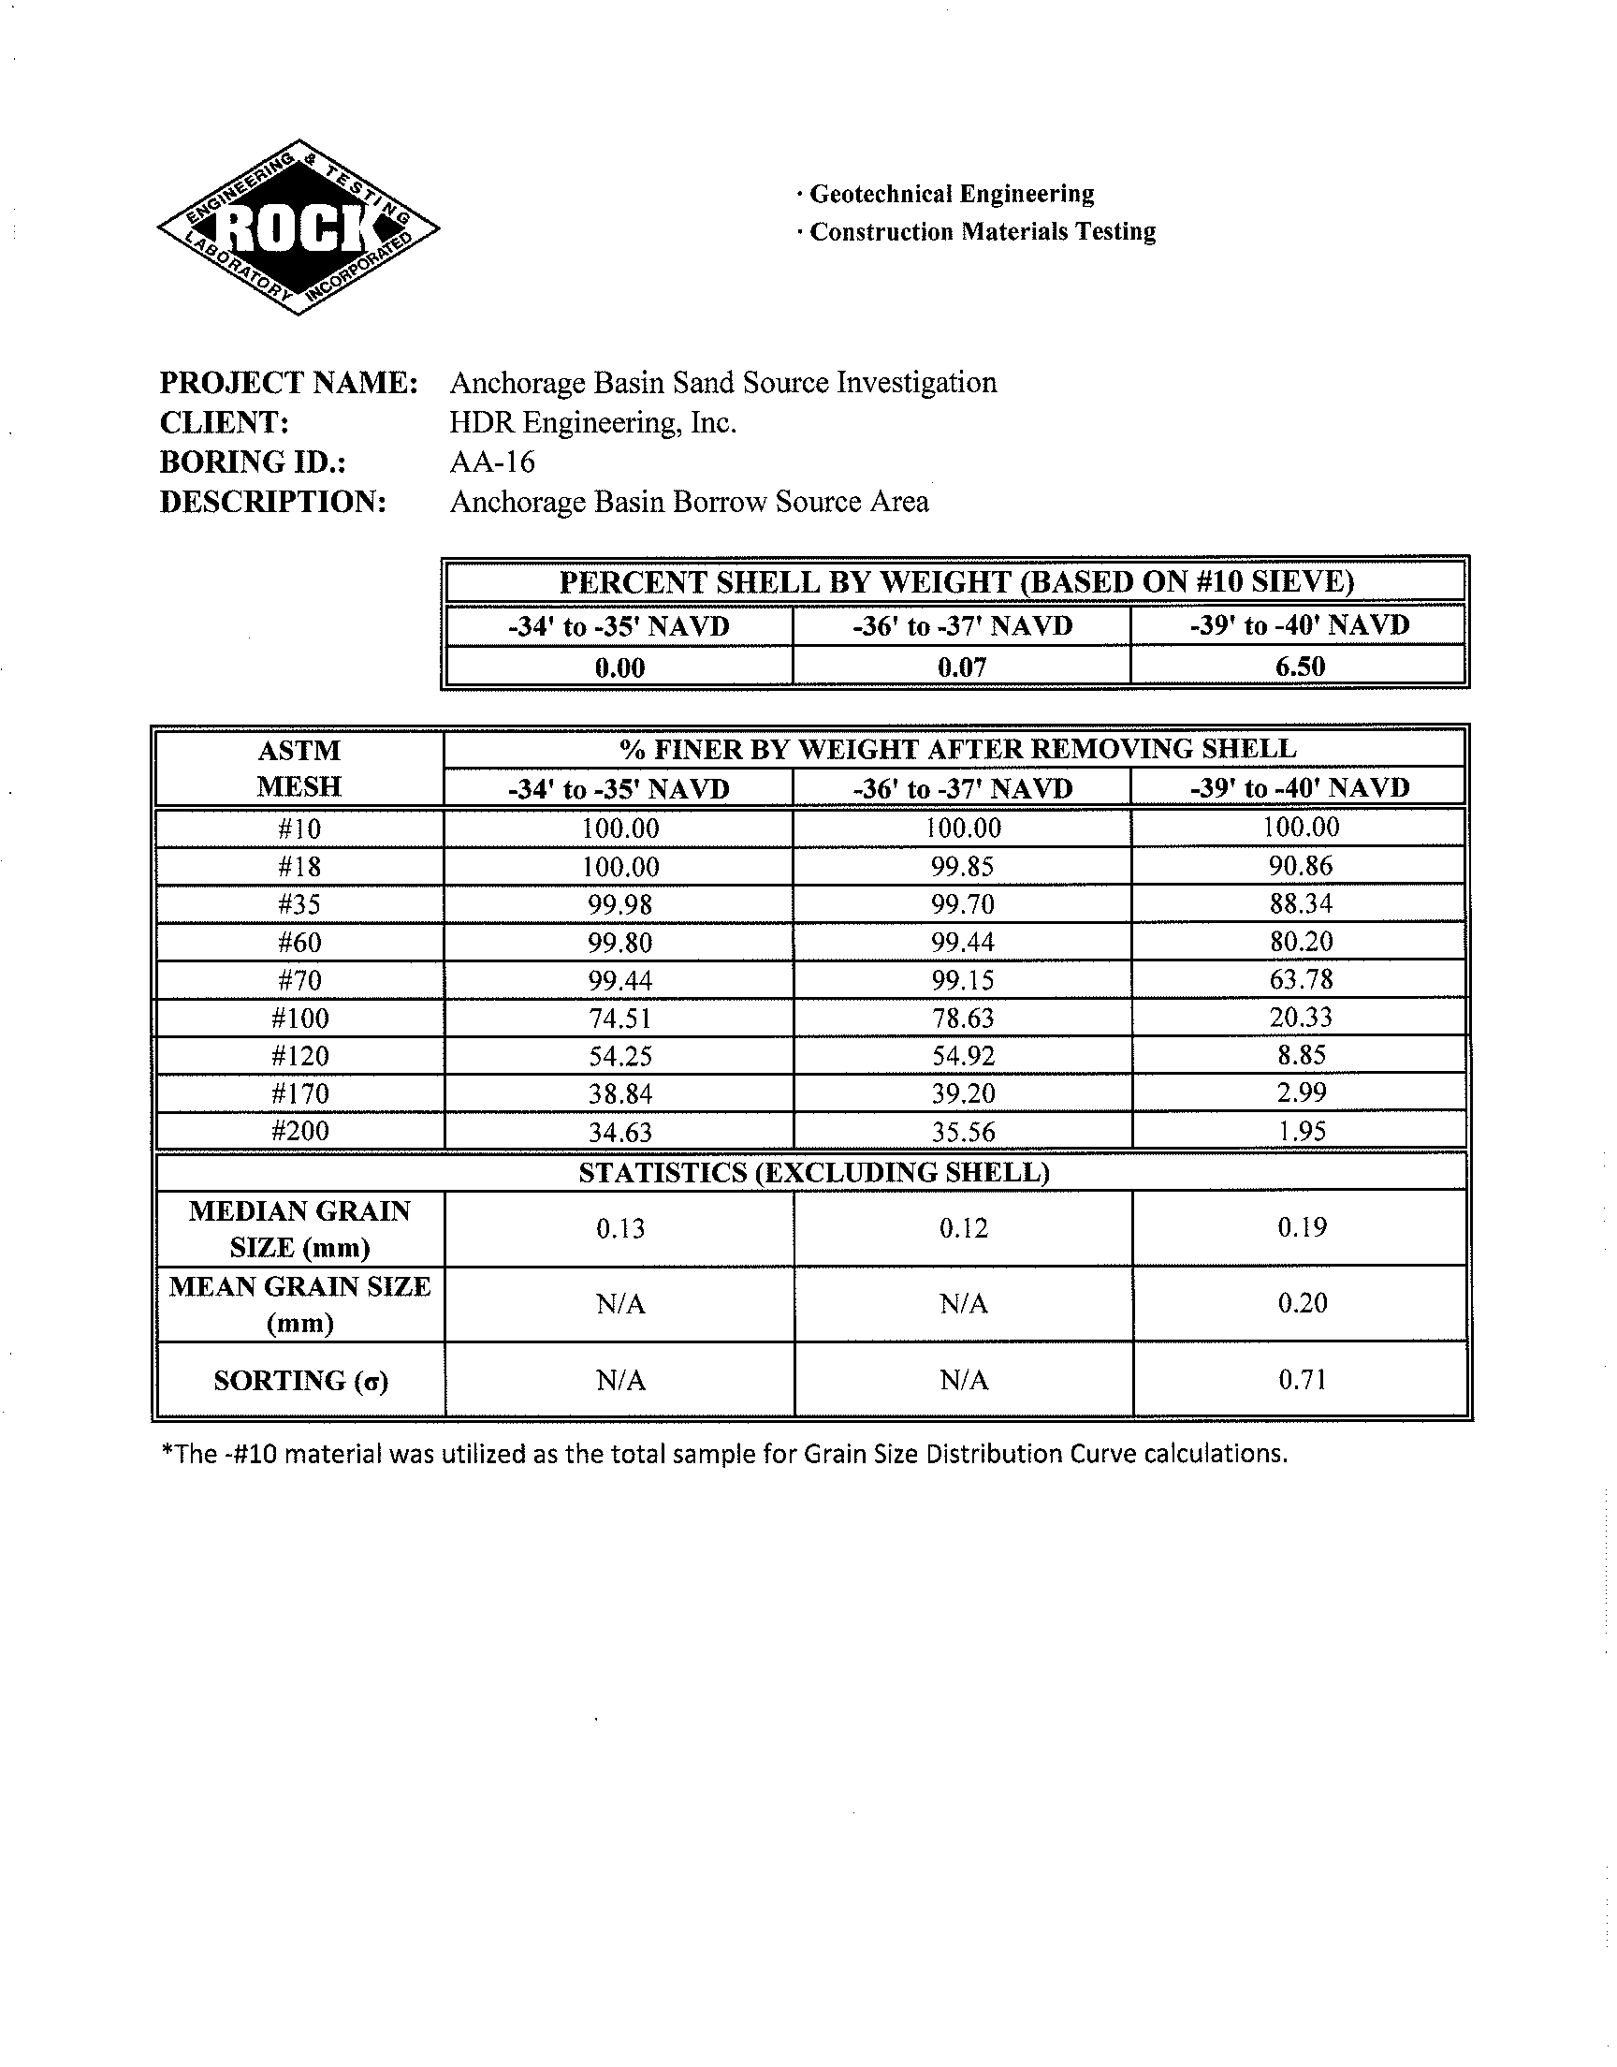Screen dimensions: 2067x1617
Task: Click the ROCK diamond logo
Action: pos(298,227)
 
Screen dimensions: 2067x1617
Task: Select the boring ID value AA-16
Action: pos(491,462)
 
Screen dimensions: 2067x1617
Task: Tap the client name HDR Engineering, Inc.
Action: pos(592,422)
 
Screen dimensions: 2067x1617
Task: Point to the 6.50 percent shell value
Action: pos(1299,667)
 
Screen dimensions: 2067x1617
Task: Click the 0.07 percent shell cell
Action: pos(962,667)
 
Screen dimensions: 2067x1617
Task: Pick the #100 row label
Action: pos(299,1019)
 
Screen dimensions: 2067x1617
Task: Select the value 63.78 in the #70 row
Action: pos(1301,979)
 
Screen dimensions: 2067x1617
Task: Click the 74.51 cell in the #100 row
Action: pos(620,1019)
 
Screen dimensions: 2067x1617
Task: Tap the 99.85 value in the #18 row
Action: pos(962,866)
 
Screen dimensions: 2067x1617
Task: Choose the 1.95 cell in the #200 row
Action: pos(1301,1132)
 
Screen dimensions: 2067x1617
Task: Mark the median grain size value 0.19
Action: pos(1302,1228)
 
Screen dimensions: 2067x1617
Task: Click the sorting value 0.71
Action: pos(1302,1380)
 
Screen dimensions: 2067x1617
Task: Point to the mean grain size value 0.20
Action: pos(1302,1304)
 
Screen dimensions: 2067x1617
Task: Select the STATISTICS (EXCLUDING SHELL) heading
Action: pos(813,1173)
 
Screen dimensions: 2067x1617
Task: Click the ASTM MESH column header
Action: pos(299,768)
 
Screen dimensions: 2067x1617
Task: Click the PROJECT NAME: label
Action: pos(289,383)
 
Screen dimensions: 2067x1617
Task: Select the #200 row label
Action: pos(299,1132)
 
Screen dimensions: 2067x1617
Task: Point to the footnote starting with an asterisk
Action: pos(724,1454)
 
